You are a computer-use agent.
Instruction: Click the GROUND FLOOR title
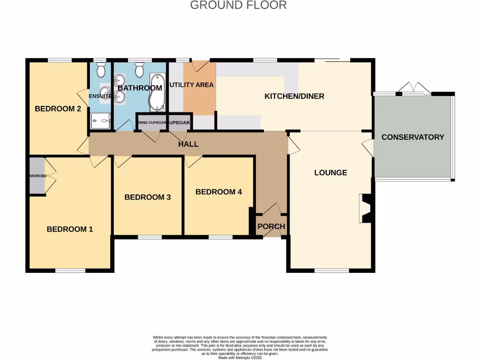click(x=238, y=6)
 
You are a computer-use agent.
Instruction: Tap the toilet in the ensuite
click(x=101, y=70)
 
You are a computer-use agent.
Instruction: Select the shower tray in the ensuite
click(x=101, y=120)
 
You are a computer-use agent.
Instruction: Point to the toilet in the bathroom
click(x=139, y=70)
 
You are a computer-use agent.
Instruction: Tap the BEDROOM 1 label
click(x=70, y=229)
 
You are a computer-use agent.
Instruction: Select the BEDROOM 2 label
click(x=58, y=109)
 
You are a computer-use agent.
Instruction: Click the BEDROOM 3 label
click(x=147, y=197)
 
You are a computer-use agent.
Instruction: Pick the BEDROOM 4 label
click(x=218, y=192)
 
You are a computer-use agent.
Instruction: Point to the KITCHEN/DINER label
click(x=294, y=97)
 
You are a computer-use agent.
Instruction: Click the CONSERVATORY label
click(x=412, y=137)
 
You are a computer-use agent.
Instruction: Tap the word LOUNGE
click(x=330, y=172)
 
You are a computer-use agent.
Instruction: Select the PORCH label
click(x=271, y=226)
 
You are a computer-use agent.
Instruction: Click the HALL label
click(x=188, y=144)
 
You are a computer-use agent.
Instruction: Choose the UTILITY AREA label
click(x=191, y=85)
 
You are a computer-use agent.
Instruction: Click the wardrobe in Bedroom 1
click(x=37, y=176)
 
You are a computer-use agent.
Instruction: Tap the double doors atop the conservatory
click(x=414, y=89)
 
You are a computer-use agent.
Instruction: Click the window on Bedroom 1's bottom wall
click(x=70, y=270)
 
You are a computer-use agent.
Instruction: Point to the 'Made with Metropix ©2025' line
click(x=240, y=357)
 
